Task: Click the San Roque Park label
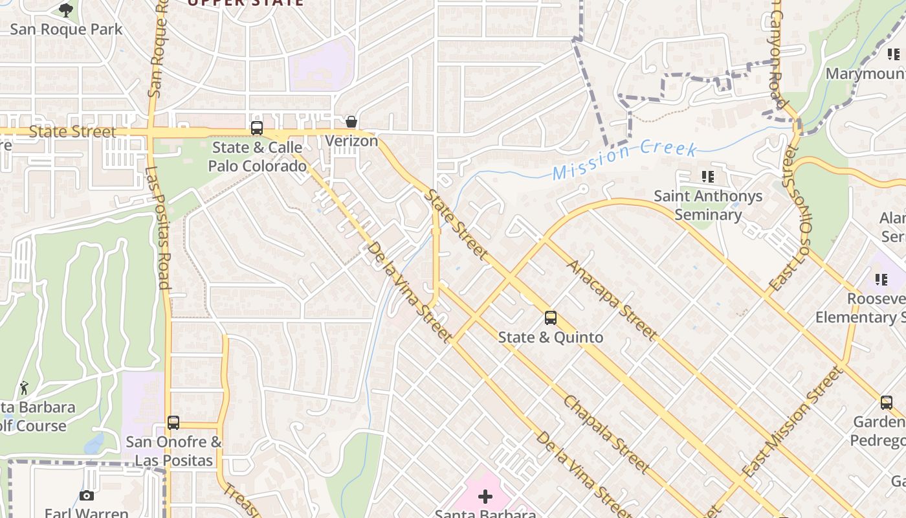(x=66, y=29)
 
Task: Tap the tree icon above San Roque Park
(x=66, y=10)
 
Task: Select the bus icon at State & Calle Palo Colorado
(x=257, y=128)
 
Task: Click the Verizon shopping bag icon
(x=351, y=122)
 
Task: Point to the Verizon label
(x=351, y=141)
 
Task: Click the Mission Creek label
(x=624, y=161)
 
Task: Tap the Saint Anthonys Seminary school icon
(x=708, y=176)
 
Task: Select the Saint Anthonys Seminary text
(x=708, y=205)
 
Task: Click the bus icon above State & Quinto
(x=551, y=318)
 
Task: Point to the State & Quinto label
(x=551, y=337)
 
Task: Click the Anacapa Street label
(x=612, y=300)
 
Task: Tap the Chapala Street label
(x=606, y=434)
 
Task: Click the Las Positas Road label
(x=157, y=228)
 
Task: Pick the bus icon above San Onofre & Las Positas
(x=173, y=423)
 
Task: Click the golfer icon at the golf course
(x=25, y=388)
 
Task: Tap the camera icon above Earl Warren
(x=87, y=496)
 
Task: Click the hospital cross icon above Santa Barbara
(x=485, y=497)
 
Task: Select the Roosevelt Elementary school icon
(x=881, y=280)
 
